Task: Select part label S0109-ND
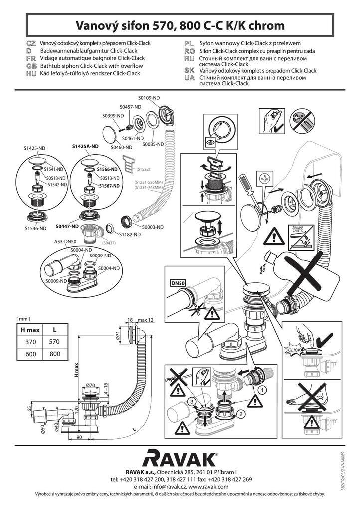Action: pyautogui.click(x=148, y=98)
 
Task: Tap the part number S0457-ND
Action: pyautogui.click(x=130, y=107)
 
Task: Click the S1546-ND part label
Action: pyautogui.click(x=35, y=228)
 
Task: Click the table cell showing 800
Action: pyautogui.click(x=55, y=354)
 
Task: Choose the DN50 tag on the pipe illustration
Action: pyautogui.click(x=178, y=283)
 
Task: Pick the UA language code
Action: pyautogui.click(x=189, y=77)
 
